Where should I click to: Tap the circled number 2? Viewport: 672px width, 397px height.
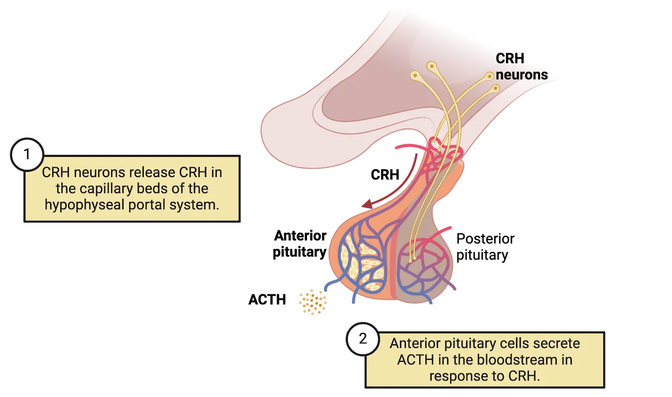(363, 339)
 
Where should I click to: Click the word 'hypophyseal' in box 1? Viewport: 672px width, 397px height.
(77, 204)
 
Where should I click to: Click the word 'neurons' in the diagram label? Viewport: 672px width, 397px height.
(522, 75)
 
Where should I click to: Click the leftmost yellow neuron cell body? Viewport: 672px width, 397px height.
(415, 76)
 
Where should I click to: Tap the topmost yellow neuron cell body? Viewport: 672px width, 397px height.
(431, 66)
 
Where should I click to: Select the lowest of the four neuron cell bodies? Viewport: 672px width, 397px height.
(495, 88)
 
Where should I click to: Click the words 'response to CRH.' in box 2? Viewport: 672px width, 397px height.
(484, 375)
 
